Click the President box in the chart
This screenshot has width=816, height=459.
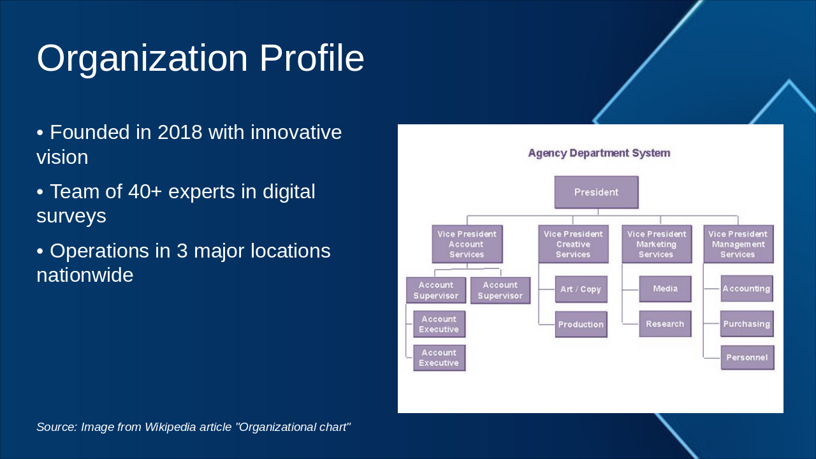(x=596, y=193)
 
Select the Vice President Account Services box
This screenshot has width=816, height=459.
(x=467, y=244)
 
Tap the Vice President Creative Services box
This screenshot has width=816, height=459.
(x=573, y=244)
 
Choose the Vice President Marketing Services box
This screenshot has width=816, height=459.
(x=656, y=244)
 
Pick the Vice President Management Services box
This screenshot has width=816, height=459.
(x=738, y=244)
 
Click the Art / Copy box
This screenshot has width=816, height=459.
(x=581, y=289)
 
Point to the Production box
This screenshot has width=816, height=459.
(x=581, y=324)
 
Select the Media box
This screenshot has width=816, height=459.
(x=665, y=289)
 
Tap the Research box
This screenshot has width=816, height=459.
(x=665, y=324)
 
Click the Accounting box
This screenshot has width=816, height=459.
(x=747, y=289)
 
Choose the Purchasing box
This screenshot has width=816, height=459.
(x=747, y=324)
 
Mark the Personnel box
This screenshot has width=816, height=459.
(x=747, y=358)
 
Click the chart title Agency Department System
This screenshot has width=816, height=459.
(x=599, y=153)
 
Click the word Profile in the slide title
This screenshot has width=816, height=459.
(x=311, y=59)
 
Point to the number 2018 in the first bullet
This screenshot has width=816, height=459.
(x=180, y=133)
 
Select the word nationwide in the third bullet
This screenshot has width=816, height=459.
(x=85, y=275)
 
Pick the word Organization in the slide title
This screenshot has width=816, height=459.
(x=142, y=59)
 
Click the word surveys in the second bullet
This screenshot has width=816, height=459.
(x=71, y=216)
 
